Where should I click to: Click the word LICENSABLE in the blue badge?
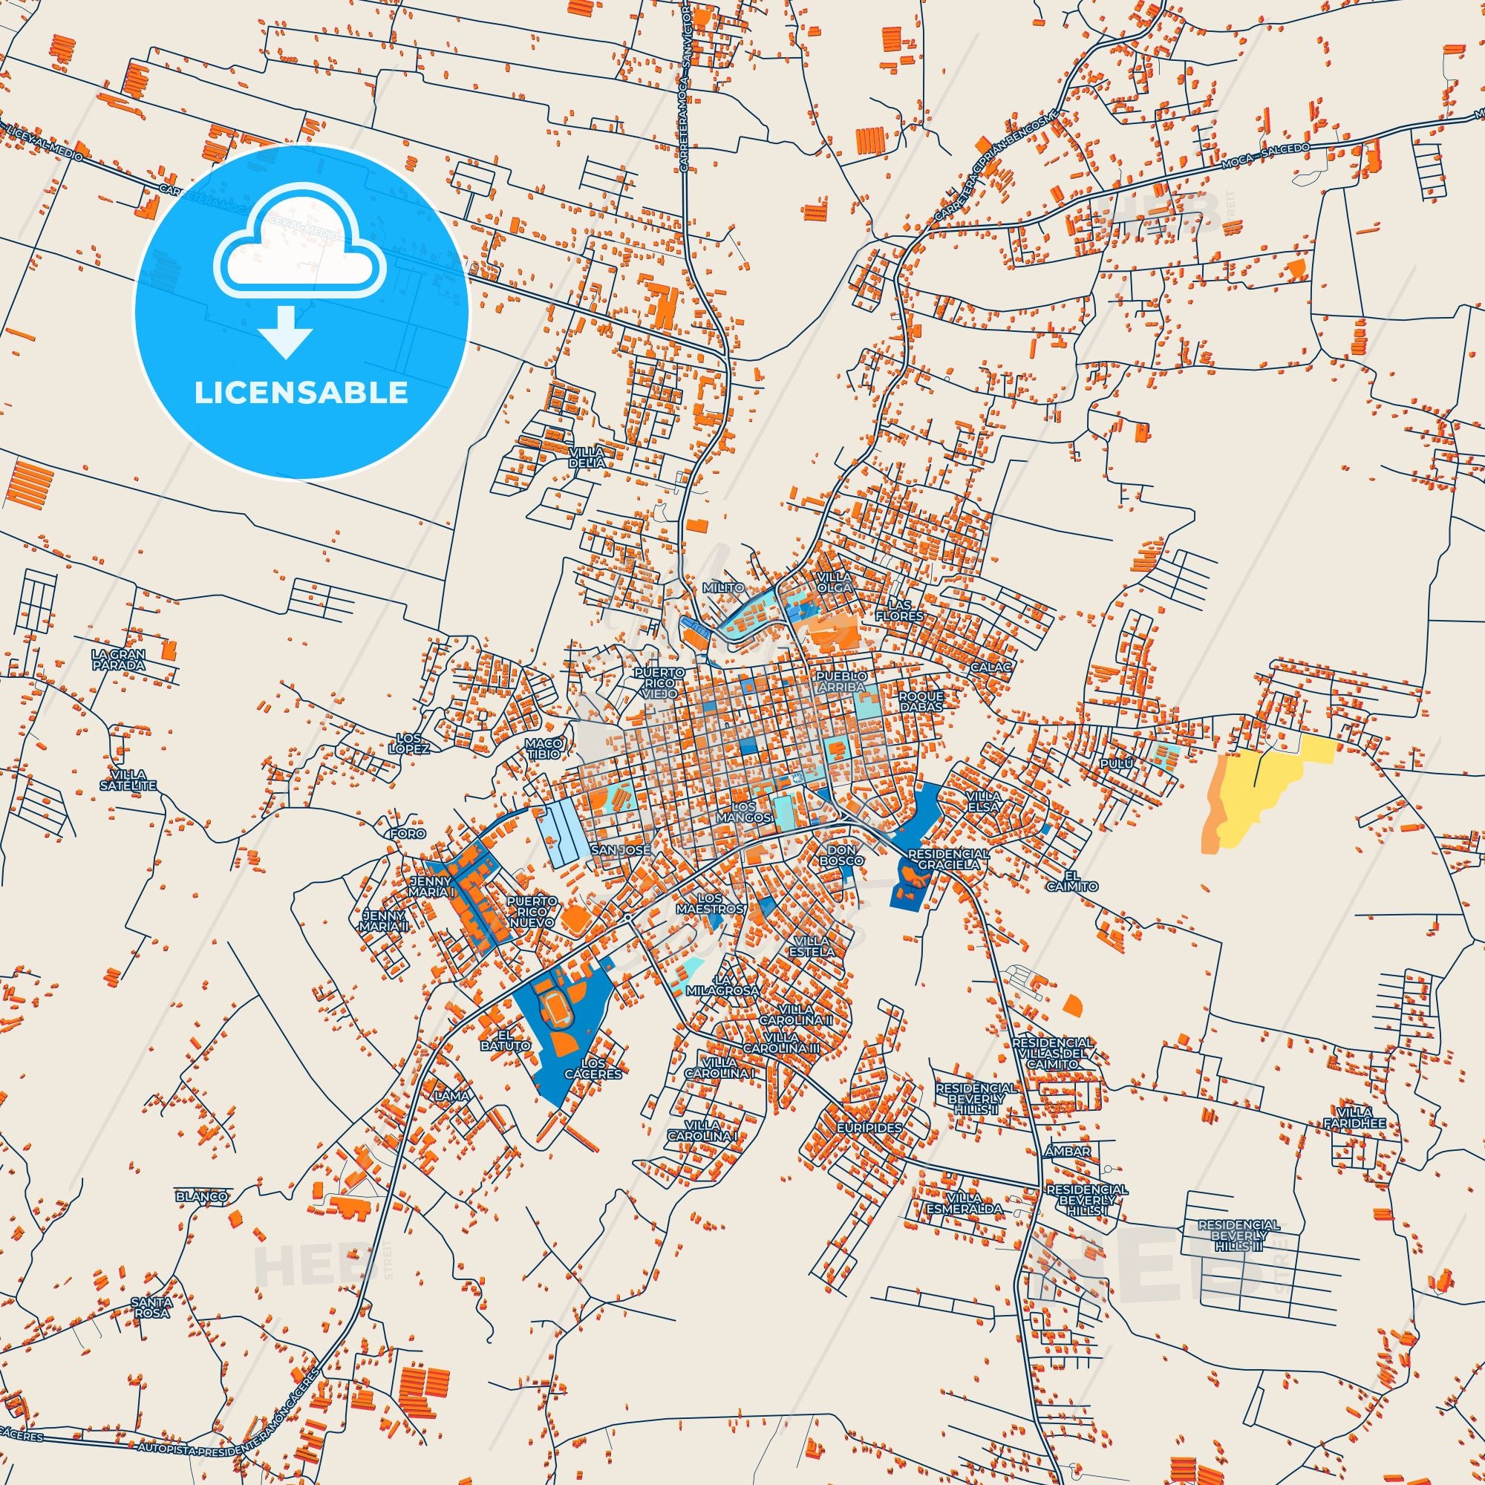[x=301, y=393]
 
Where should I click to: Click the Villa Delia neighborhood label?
[x=587, y=457]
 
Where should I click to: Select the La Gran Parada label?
[x=117, y=659]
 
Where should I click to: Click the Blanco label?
[x=201, y=1196]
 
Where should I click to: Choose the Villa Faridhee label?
[x=1354, y=1117]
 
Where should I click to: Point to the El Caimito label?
[x=1071, y=881]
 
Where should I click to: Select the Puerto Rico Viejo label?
[x=659, y=682]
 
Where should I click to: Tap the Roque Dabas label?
[x=921, y=701]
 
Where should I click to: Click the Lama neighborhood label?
[x=451, y=1095]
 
